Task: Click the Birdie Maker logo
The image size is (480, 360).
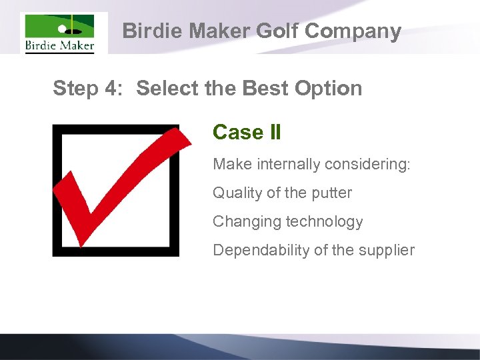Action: click(59, 33)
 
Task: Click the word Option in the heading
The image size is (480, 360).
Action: click(327, 88)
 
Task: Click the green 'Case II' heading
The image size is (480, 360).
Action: click(247, 132)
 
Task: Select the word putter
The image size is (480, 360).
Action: click(331, 193)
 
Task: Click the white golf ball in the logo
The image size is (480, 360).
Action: click(63, 29)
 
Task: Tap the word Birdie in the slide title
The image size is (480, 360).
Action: click(152, 31)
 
